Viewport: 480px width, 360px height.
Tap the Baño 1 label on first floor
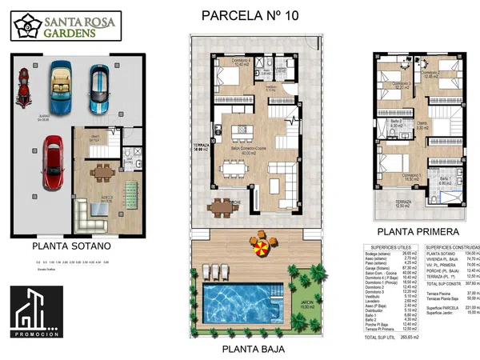pos(446,181)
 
